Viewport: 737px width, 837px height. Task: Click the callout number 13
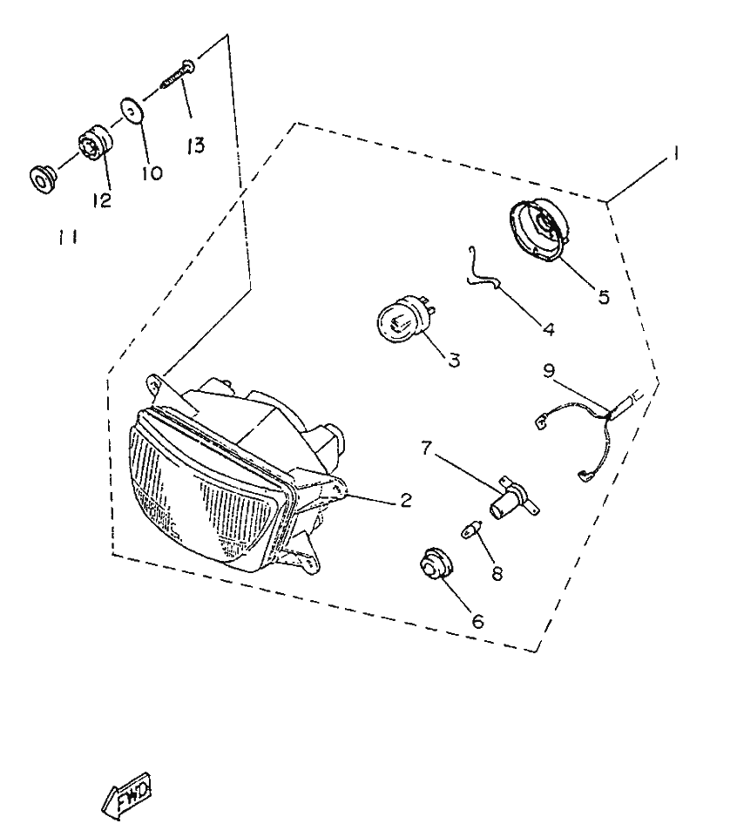196,145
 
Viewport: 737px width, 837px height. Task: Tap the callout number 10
152,173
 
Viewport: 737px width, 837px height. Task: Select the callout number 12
101,200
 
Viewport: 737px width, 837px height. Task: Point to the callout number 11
68,237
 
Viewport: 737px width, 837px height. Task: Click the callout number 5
604,297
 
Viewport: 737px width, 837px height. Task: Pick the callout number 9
549,370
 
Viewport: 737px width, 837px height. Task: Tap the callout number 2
406,500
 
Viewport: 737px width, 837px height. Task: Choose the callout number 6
477,621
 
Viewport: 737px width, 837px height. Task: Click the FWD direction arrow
126,793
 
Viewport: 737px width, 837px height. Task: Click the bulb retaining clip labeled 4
483,273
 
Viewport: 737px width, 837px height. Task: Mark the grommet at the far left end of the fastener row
43,179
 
